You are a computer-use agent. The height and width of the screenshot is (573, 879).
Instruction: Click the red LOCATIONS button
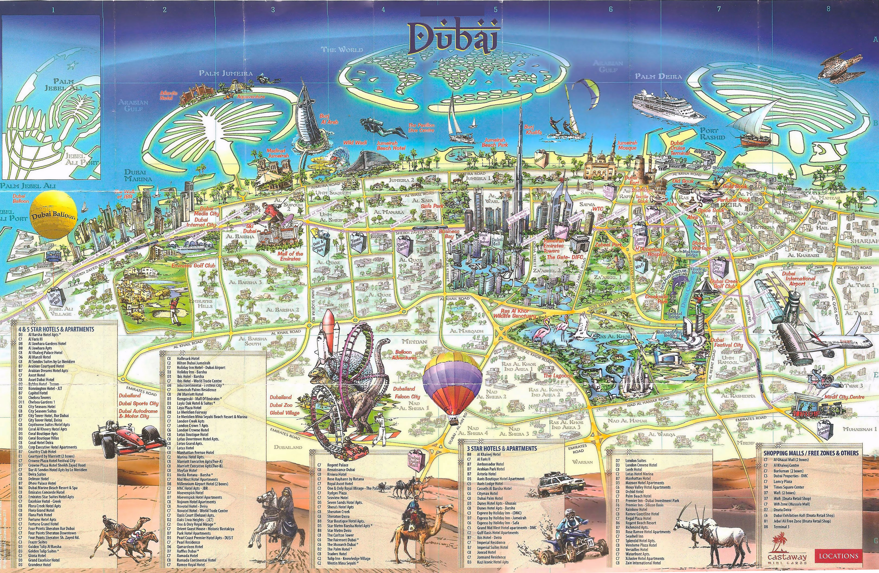pos(838,556)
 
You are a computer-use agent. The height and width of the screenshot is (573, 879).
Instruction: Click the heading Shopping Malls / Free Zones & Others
pos(811,452)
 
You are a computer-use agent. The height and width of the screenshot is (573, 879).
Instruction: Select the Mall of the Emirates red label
pos(290,256)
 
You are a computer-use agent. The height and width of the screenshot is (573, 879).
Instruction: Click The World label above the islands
pos(342,49)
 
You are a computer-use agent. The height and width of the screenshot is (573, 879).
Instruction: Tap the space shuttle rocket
pos(328,336)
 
